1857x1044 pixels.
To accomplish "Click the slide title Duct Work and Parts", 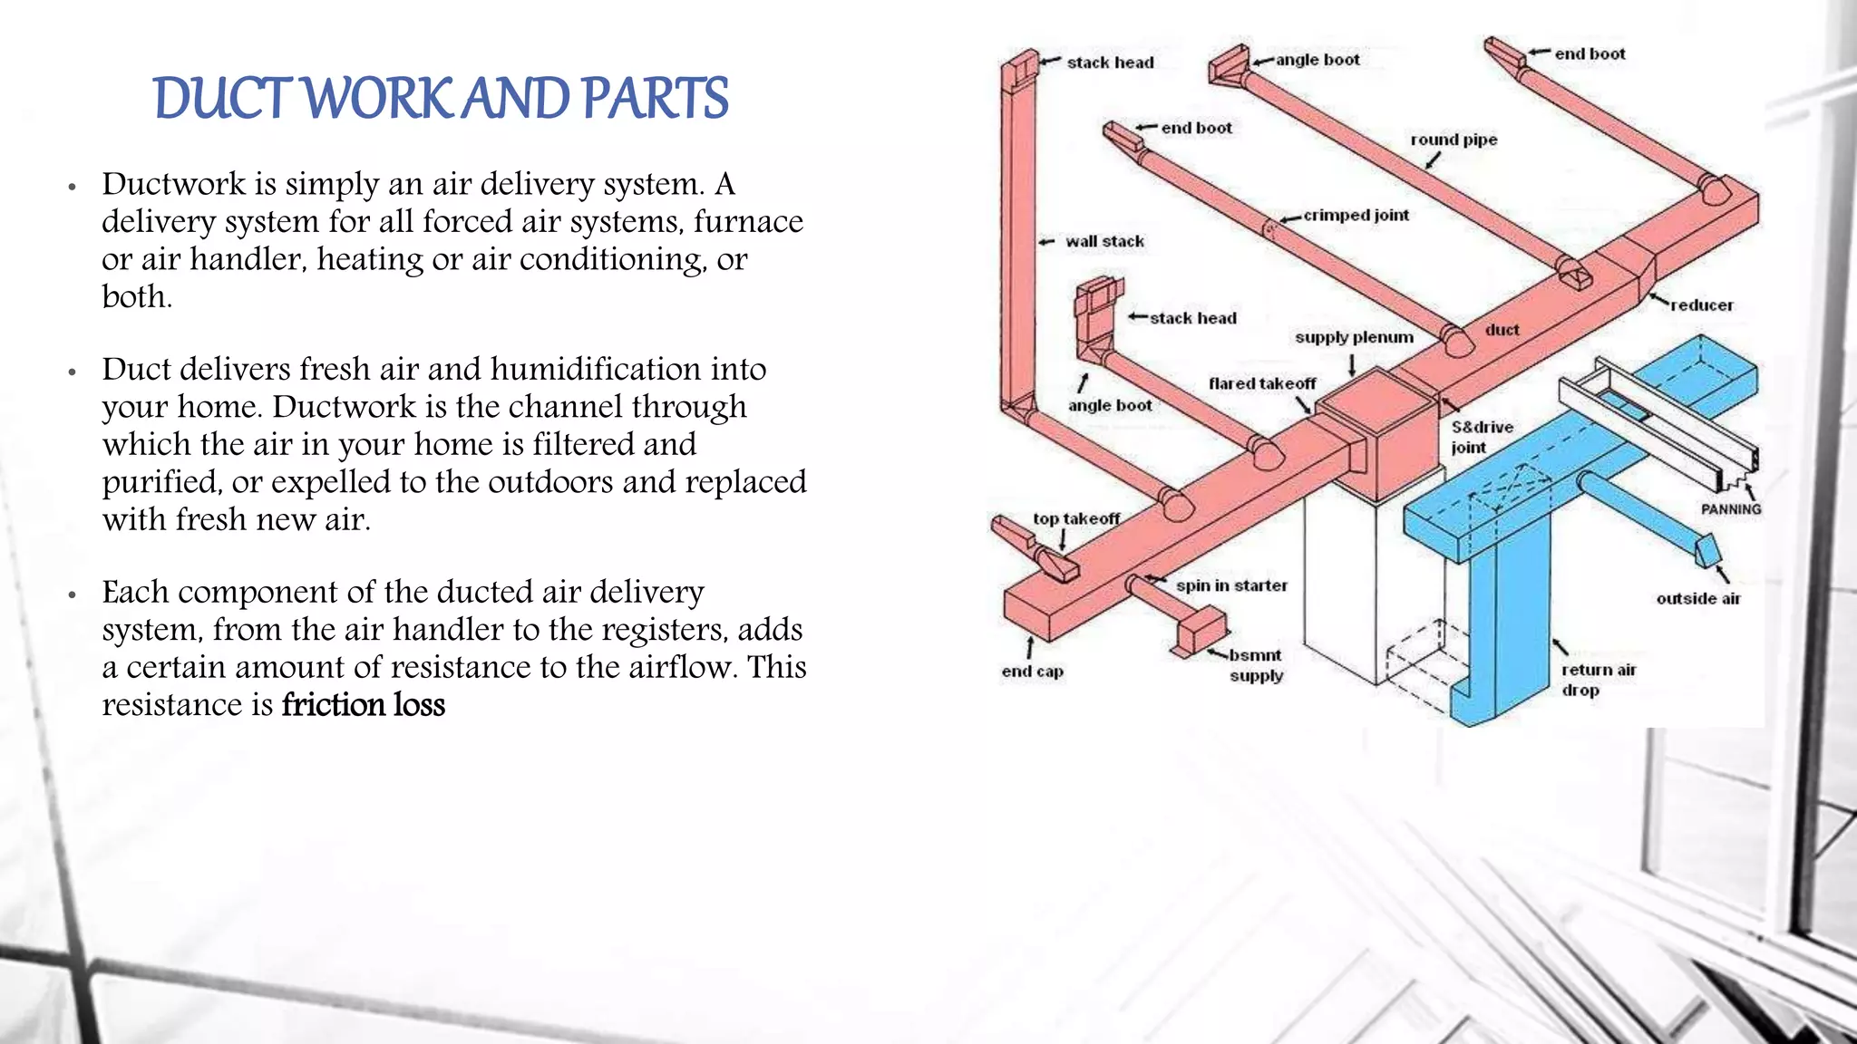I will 441,98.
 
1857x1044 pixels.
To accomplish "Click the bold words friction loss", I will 363,705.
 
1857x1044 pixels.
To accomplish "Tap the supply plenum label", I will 1354,337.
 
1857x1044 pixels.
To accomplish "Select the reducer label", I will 1701,305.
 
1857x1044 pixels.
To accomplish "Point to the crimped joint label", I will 1356,216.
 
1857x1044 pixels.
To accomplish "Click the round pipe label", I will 1454,140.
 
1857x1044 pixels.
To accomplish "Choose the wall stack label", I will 1104,241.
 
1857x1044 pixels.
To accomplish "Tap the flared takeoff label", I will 1261,383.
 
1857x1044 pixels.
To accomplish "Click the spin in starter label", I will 1231,585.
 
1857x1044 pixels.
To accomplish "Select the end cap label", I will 1032,672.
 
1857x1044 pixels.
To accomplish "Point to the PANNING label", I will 1730,509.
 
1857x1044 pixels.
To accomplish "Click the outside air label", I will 1698,598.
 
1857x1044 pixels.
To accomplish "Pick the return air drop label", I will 1598,680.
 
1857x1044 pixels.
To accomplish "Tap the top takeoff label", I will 1076,518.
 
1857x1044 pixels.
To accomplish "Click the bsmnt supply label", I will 1256,665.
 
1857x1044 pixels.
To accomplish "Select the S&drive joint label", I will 1482,437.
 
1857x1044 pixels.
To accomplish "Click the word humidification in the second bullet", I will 596,369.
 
